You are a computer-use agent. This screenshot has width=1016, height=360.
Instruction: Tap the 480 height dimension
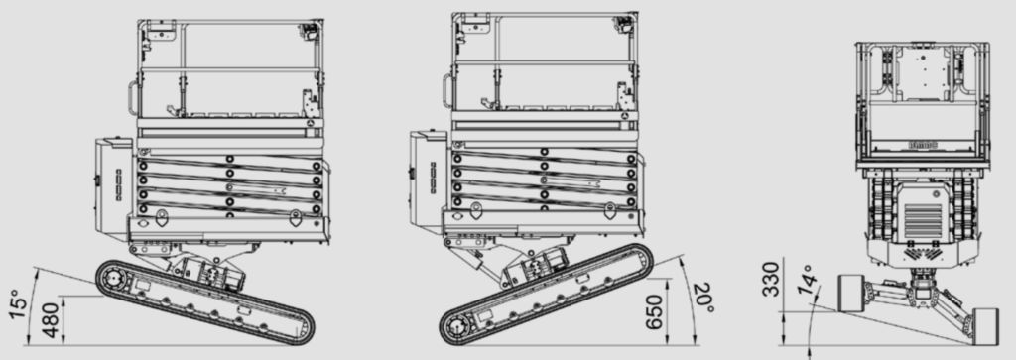tap(52, 321)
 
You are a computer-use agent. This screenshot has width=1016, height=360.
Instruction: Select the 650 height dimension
tap(656, 311)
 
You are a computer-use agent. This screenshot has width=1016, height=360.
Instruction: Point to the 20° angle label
tap(703, 298)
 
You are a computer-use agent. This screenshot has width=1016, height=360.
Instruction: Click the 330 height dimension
tap(770, 279)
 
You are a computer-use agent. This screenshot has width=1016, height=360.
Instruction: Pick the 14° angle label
tap(808, 280)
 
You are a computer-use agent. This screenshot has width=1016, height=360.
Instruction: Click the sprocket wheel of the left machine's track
tap(115, 279)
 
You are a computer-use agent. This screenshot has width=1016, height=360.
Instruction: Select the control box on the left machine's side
tap(113, 188)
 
